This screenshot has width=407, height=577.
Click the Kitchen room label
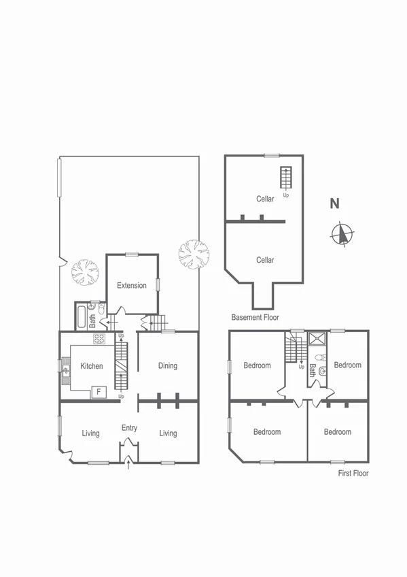[x=92, y=366]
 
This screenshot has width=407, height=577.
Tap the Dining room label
[x=168, y=366]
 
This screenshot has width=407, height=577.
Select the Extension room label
[x=132, y=286]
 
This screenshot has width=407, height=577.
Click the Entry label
[x=129, y=428]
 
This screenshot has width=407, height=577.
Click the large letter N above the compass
[x=334, y=203]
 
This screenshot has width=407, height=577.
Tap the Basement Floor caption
[x=255, y=318]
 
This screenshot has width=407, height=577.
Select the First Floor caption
[x=353, y=474]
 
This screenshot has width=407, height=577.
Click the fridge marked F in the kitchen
[x=99, y=392]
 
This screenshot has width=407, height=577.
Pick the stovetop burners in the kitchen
[x=99, y=339]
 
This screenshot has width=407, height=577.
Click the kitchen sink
[x=67, y=371]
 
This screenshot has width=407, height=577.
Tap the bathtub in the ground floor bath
[x=82, y=316]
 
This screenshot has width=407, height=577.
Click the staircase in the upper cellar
[x=285, y=178]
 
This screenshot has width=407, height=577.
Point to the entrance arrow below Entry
[x=129, y=465]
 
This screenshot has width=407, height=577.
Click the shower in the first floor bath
[x=317, y=338]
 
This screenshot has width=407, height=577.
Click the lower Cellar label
[x=265, y=260]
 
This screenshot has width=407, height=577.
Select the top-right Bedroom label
[x=348, y=365]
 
